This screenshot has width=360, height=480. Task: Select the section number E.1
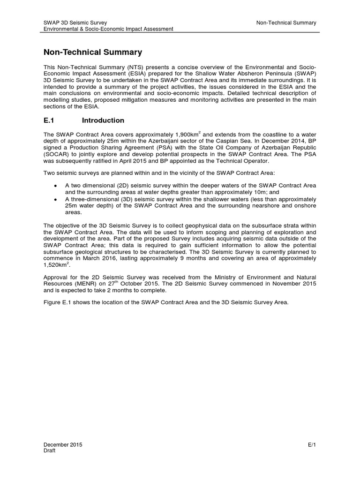tap(50, 120)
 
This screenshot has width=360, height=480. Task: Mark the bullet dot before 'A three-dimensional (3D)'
tap(56, 199)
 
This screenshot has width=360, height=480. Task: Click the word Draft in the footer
tap(49, 450)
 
